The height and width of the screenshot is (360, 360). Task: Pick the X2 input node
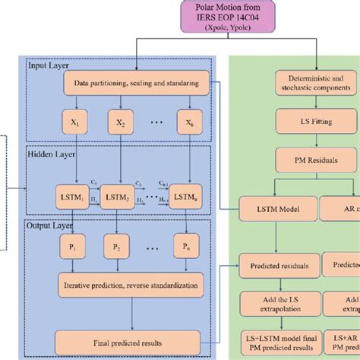[122, 122]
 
